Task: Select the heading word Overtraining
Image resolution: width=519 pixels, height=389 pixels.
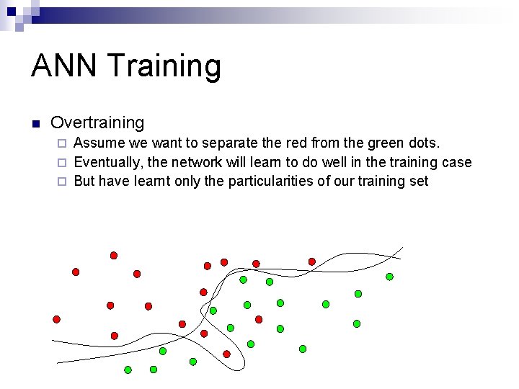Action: point(97,123)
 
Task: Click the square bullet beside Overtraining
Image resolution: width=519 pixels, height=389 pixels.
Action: point(35,123)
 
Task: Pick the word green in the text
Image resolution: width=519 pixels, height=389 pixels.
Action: point(388,143)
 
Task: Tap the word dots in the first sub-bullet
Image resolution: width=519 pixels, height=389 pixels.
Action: point(424,143)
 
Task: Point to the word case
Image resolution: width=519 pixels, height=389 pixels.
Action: point(456,162)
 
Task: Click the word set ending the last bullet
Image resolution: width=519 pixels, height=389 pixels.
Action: point(419,181)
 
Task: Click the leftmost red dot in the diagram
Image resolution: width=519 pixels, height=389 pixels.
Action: point(56,319)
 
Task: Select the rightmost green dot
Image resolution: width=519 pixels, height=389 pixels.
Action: point(389,276)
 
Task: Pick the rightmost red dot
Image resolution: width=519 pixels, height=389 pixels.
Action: point(312,261)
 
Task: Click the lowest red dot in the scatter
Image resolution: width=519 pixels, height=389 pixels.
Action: point(226,354)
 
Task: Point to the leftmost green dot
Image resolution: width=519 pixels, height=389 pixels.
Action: point(128,370)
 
